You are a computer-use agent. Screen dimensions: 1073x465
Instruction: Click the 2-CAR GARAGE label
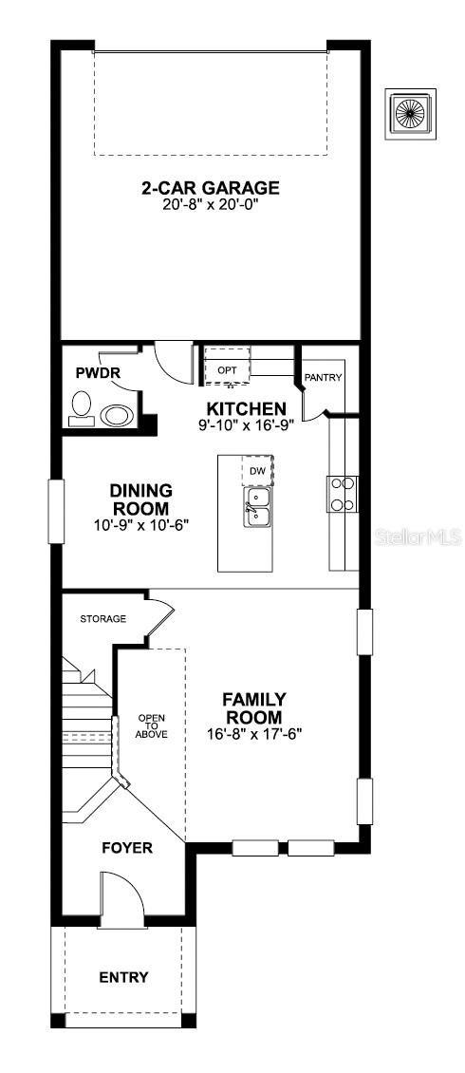coord(210,187)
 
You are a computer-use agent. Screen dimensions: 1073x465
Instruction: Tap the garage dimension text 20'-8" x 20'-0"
coord(210,203)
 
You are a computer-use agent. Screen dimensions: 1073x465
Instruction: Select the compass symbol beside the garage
coord(410,114)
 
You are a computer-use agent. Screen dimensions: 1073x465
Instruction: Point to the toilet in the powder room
coord(81,407)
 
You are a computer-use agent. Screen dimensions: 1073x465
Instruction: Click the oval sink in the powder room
coord(118,415)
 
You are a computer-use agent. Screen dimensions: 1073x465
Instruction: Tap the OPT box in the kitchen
coord(228,368)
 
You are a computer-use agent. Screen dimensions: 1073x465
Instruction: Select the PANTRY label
coord(323,377)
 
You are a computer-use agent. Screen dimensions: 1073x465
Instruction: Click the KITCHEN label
coord(240,408)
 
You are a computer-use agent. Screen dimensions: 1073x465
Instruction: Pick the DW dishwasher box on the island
coord(257,470)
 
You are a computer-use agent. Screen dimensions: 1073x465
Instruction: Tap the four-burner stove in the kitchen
coord(343,493)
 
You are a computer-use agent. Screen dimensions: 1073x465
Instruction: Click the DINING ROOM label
coord(140,499)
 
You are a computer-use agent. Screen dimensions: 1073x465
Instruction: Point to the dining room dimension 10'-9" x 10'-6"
coord(140,524)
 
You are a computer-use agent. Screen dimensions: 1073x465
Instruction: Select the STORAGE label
coord(102,618)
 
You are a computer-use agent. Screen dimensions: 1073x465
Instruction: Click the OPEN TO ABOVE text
coord(151,725)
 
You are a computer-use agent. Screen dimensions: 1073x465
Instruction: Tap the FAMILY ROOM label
coord(253,707)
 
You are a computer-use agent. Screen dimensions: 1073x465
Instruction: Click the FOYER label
coord(127,847)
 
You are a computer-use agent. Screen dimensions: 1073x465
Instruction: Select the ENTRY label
coord(124,977)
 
